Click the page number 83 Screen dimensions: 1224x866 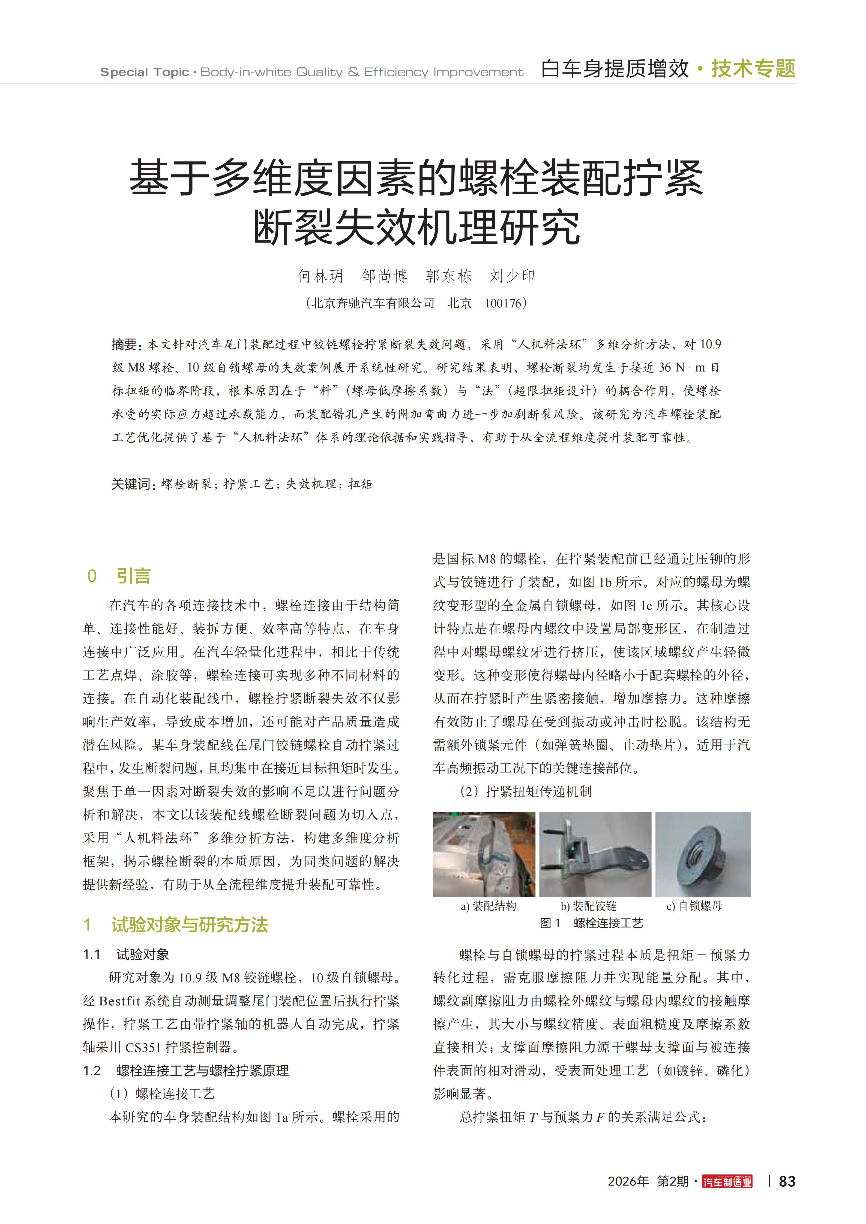click(x=787, y=1181)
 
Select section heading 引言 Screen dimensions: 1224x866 click(x=133, y=576)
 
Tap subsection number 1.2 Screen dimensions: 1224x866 click(x=92, y=1071)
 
